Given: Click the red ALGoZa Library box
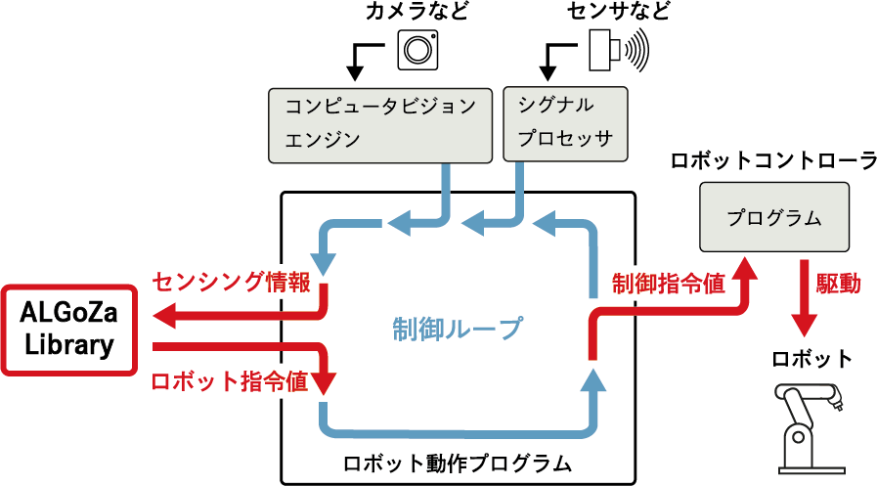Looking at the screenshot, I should pyautogui.click(x=67, y=330).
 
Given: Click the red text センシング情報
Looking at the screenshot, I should pyautogui.click(x=231, y=284).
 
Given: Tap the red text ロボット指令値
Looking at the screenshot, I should pyautogui.click(x=230, y=381).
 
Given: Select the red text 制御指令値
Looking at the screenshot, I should pyautogui.click(x=668, y=284).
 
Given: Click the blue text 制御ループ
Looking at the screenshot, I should pyautogui.click(x=457, y=328).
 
